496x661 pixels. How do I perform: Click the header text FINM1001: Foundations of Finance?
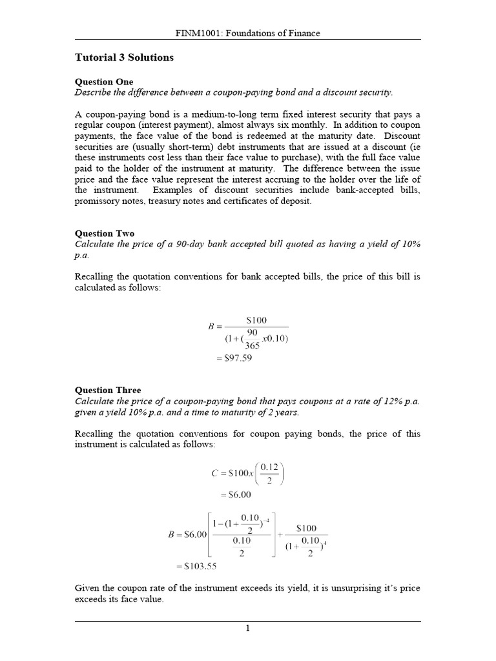click(x=248, y=33)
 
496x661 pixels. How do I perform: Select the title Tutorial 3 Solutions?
click(x=125, y=58)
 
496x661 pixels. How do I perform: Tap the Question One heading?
click(x=104, y=82)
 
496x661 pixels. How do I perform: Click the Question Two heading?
click(x=105, y=234)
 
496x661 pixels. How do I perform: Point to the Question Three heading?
click(x=108, y=391)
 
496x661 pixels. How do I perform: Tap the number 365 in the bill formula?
click(x=252, y=346)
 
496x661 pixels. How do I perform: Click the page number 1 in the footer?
click(x=248, y=629)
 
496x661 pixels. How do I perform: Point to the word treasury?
click(x=167, y=201)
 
